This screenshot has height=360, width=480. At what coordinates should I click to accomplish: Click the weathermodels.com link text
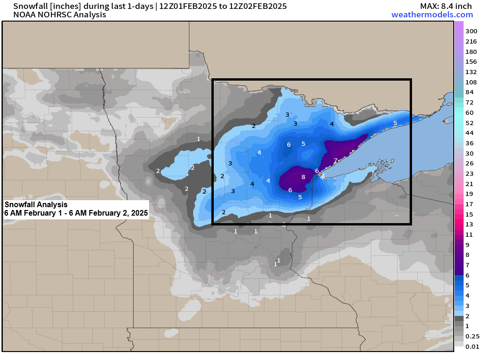(432, 15)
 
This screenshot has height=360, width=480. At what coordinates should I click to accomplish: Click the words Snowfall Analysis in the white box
(36, 205)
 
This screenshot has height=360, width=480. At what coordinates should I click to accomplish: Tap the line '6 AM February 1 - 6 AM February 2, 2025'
(76, 213)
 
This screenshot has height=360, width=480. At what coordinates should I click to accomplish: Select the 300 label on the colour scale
(471, 31)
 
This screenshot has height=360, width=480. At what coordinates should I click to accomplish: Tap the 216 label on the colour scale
(471, 41)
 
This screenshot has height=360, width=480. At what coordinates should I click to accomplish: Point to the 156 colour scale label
(471, 61)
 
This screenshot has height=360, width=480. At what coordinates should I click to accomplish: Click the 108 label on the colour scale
(471, 82)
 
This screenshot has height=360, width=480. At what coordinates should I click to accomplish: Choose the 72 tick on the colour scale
(469, 102)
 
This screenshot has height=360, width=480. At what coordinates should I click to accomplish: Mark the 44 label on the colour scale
(469, 133)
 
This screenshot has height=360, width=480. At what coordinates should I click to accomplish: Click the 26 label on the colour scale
(469, 163)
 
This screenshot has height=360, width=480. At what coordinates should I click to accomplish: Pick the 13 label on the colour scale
(469, 224)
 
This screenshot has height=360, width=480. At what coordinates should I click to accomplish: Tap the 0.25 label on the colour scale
(472, 336)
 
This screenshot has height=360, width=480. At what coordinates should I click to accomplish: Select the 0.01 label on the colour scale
(472, 346)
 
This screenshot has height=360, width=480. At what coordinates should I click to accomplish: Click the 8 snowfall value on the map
(303, 177)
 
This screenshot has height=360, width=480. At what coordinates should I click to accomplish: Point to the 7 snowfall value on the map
(335, 161)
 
